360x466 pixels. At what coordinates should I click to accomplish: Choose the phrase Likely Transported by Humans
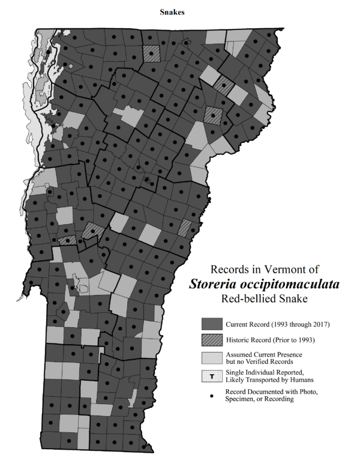269,381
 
